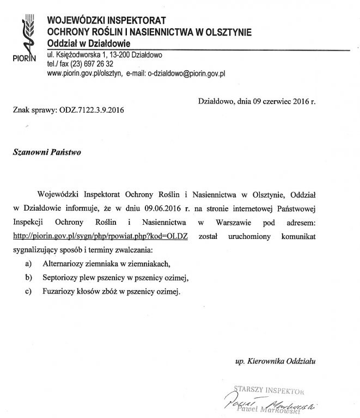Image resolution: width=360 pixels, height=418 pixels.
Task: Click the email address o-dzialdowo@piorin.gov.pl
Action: [x=187, y=72]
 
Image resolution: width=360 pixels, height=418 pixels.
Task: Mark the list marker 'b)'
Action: [x=29, y=278]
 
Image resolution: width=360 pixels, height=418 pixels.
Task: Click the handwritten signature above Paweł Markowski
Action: [x=267, y=402]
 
